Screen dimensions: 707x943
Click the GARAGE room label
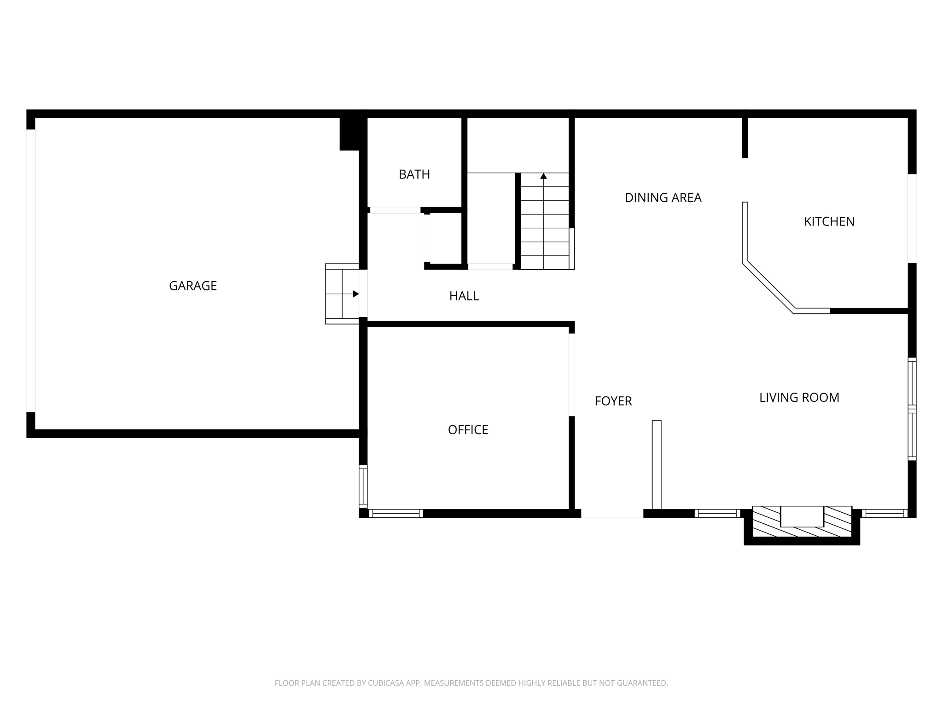click(x=193, y=286)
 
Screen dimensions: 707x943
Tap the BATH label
click(x=414, y=174)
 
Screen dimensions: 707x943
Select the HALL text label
click(x=464, y=296)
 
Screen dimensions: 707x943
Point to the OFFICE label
click(x=468, y=429)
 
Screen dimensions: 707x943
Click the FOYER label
click(x=613, y=401)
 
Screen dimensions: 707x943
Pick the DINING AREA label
click(x=663, y=197)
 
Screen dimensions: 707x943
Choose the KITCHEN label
click(x=829, y=221)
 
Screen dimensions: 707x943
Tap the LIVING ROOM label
click(x=799, y=397)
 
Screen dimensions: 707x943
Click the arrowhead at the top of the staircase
click(x=543, y=176)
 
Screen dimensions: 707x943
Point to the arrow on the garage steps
click(x=355, y=294)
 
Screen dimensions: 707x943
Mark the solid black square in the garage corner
click(x=349, y=133)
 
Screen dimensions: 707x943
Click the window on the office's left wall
click(x=363, y=486)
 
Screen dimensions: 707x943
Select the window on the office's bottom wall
click(x=396, y=513)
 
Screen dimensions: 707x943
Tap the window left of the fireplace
click(x=717, y=513)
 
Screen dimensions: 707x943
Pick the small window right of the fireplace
click(x=884, y=513)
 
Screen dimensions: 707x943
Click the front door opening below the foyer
click(x=612, y=514)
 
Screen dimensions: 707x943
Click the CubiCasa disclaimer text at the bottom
click(x=471, y=683)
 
